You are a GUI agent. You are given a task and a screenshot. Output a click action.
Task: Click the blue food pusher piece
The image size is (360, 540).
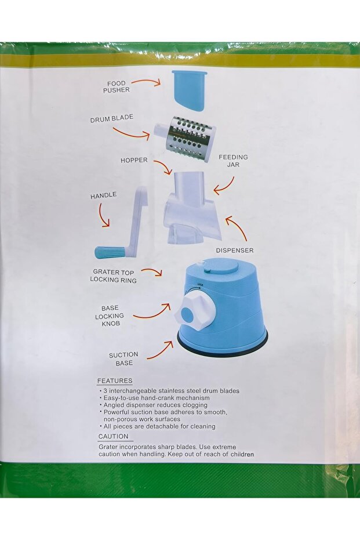pyautogui.click(x=189, y=90)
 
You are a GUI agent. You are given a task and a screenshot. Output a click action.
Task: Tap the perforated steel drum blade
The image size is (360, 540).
pyautogui.click(x=188, y=136)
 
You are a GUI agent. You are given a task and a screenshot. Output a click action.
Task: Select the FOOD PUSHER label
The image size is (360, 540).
pyautogui.click(x=116, y=86)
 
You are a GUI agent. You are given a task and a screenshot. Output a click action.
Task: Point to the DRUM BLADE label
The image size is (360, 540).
pyautogui.click(x=111, y=119)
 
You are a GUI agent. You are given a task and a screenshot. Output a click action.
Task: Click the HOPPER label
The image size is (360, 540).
pyautogui.click(x=134, y=160)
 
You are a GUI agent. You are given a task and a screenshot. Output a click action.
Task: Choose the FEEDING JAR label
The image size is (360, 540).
pyautogui.click(x=233, y=161)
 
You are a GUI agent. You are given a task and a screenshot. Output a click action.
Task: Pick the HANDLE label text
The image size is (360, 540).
pyautogui.click(x=103, y=196)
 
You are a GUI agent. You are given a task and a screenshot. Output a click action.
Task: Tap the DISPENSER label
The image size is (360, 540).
pyautogui.click(x=234, y=251)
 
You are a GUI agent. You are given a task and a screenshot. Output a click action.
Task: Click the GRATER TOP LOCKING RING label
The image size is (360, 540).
pyautogui.click(x=113, y=276)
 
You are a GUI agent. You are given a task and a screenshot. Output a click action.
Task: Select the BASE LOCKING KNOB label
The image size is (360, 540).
pyautogui.click(x=110, y=316)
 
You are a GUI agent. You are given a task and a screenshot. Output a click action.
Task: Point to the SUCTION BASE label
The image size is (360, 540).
pyautogui.click(x=123, y=358)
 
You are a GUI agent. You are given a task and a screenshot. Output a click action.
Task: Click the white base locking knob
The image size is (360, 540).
pyautogui.click(x=195, y=314)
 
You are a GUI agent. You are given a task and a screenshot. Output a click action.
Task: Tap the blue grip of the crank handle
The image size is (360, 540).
pyautogui.click(x=110, y=252)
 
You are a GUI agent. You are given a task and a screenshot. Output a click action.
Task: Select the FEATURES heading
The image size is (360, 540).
pyautogui.click(x=115, y=381)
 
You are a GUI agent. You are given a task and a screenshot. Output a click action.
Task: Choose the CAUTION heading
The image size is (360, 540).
pyautogui.click(x=113, y=437)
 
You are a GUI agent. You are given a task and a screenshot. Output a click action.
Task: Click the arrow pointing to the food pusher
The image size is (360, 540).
pyautogui.click(x=146, y=82)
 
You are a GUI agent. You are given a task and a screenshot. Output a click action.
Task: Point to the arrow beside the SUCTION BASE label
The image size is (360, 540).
pyautogui.click(x=160, y=350)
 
